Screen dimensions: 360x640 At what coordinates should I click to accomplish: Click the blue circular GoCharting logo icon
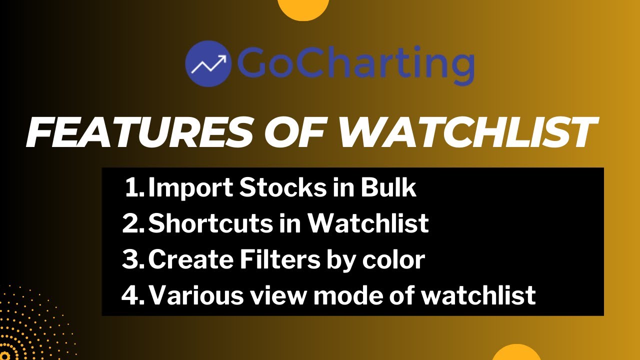[x=207, y=63]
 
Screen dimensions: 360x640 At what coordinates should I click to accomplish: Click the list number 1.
[x=134, y=188]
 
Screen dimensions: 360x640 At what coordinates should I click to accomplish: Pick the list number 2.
[x=133, y=223]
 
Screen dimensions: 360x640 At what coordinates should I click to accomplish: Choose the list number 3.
[x=133, y=259]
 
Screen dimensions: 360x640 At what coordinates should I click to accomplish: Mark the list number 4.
[x=133, y=295]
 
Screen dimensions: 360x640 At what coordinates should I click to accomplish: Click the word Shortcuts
[x=209, y=223]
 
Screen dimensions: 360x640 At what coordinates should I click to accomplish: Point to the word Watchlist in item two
[x=367, y=223]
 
